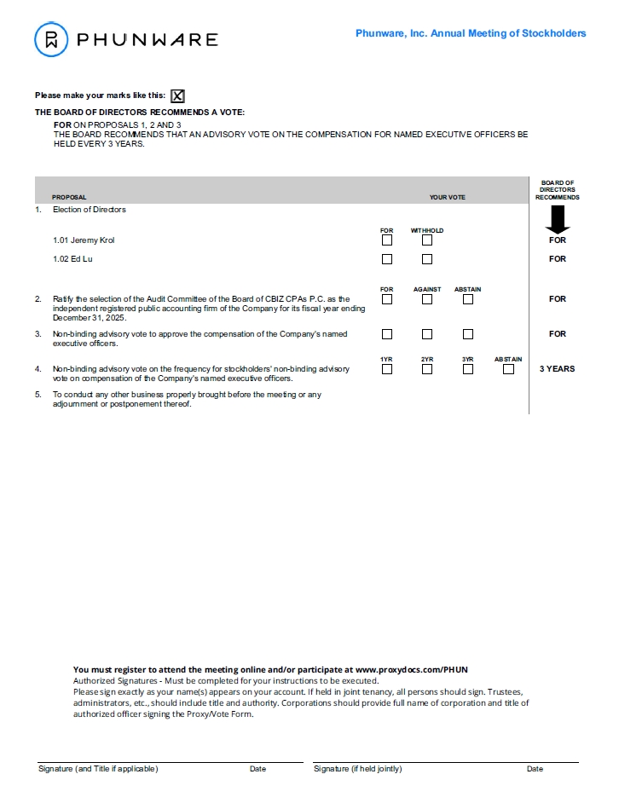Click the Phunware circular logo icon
[51, 39]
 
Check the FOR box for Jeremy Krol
[387, 240]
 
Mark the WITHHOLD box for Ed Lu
[427, 259]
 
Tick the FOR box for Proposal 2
[387, 299]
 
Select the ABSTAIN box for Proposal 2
[468, 299]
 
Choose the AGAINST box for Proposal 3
[427, 334]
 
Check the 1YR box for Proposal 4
[387, 369]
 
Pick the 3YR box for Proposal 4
[468, 369]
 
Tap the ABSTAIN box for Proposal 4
[508, 369]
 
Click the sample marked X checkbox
[177, 96]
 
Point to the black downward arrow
[558, 219]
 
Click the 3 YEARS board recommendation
[557, 369]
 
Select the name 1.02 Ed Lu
[72, 259]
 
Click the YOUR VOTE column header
[447, 198]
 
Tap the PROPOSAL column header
[69, 198]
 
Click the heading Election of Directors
[89, 210]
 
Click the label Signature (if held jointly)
[357, 769]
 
